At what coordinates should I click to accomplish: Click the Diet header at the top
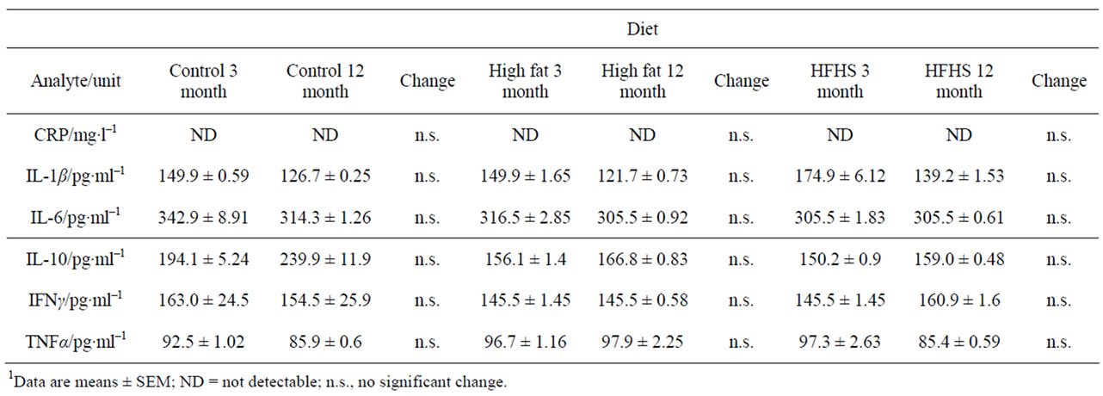642,29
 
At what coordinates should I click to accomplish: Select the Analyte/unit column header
76,81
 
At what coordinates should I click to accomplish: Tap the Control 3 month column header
203,81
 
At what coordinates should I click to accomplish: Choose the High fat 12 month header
642,81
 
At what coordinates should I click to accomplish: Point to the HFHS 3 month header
840,81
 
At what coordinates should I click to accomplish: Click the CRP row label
76,134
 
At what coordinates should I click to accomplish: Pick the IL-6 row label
76,217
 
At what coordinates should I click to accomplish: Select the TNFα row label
76,341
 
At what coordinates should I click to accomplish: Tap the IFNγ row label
76,300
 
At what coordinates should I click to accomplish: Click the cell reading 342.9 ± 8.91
203,217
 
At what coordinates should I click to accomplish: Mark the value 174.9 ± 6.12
840,176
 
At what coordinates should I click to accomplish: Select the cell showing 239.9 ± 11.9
325,259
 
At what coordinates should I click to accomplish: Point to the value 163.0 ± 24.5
203,300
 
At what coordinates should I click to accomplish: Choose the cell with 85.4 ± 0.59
958,341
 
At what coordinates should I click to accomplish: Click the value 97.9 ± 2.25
642,341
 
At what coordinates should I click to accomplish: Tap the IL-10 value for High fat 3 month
525,259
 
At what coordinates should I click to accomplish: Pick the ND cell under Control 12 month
325,134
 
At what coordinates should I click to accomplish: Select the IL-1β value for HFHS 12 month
958,176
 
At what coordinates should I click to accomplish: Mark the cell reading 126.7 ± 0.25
325,176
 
